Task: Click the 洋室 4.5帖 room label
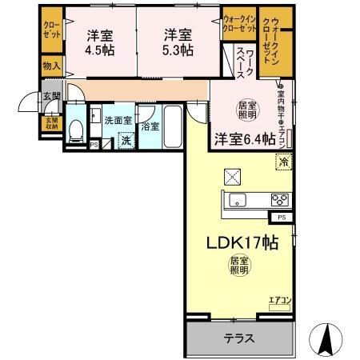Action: (x=100, y=42)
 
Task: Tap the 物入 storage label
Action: (x=50, y=65)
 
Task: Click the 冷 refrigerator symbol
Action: (x=284, y=162)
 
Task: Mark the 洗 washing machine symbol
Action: (x=126, y=141)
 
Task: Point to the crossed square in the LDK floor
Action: (x=234, y=175)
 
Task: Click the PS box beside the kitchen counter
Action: (x=282, y=217)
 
